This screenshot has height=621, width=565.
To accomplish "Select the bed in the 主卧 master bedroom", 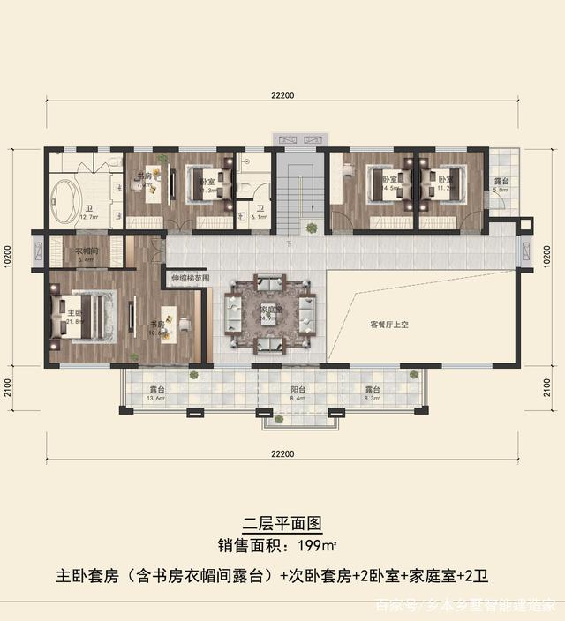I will [x=84, y=312].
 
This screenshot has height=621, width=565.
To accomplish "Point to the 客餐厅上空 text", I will [x=388, y=324].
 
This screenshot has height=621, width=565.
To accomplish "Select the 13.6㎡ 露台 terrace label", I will [x=157, y=389].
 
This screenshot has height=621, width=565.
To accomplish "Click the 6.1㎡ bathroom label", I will [x=260, y=209].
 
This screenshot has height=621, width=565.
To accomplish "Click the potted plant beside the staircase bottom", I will [x=312, y=228].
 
